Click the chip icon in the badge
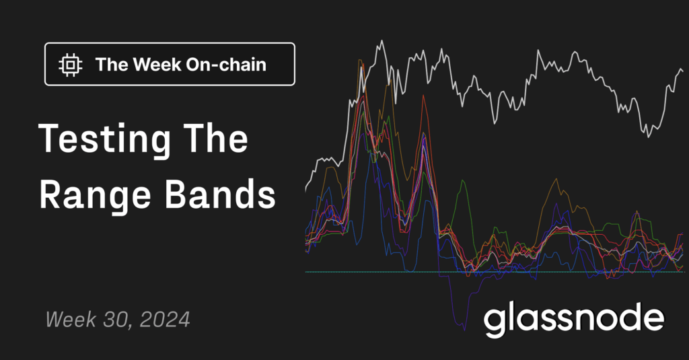[x=70, y=65]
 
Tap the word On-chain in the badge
[x=226, y=65]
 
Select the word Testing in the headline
[x=104, y=141]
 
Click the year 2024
[x=165, y=320]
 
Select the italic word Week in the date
[x=71, y=320]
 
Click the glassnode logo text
[x=574, y=320]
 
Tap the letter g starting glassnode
[x=494, y=323]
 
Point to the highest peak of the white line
[x=382, y=41]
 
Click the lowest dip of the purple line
[x=464, y=330]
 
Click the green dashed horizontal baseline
[x=495, y=272]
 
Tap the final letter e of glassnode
[x=654, y=320]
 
